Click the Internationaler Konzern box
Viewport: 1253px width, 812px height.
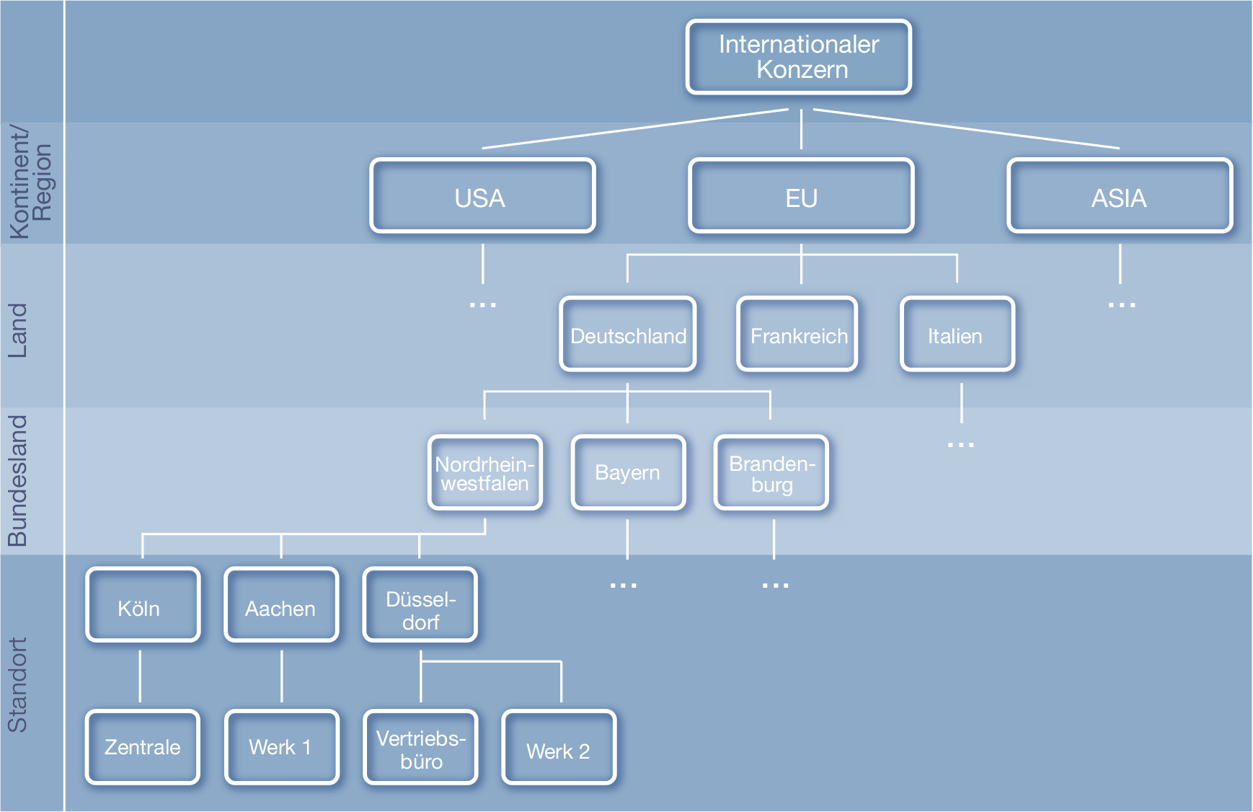799,57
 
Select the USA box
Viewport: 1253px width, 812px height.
482,196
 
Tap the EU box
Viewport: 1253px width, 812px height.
801,196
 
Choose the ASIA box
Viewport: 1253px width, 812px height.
1120,196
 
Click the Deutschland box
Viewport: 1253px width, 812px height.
628,335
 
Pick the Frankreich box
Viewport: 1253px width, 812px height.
797,335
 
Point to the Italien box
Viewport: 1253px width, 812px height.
957,335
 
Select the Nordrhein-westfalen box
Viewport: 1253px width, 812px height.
485,473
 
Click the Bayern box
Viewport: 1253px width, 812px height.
628,473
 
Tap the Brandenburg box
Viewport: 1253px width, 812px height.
771,473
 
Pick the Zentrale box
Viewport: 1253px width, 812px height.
143,747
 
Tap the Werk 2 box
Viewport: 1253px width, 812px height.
559,749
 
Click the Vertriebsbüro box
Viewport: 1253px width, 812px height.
420,749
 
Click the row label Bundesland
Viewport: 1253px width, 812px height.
17,480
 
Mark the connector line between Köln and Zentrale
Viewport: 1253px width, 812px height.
140,676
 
